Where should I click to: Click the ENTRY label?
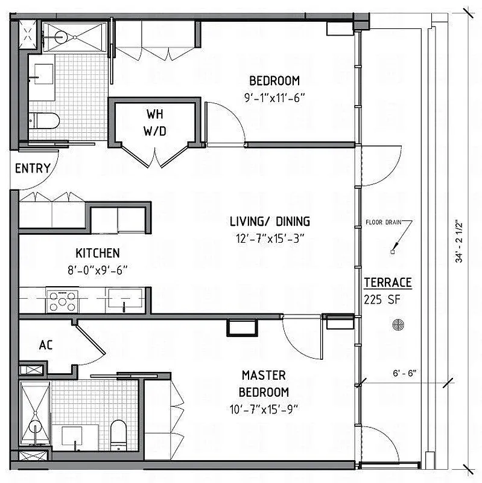(33, 168)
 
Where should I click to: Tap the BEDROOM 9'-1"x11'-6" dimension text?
(274, 97)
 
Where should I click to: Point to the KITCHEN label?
(97, 253)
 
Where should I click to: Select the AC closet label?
(45, 346)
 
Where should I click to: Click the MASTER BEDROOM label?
(264, 383)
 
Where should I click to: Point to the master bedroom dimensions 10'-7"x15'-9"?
(264, 408)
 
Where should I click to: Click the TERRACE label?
(388, 283)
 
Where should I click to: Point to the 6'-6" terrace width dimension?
(399, 373)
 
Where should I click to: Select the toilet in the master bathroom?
(118, 433)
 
